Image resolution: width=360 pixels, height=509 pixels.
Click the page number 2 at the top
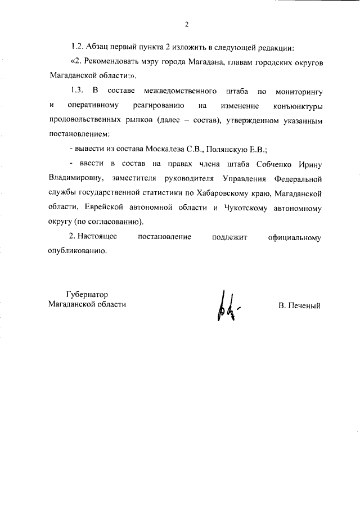click(186, 24)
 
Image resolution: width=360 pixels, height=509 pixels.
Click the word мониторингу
click(299, 91)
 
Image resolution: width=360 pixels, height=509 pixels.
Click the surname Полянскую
click(224, 149)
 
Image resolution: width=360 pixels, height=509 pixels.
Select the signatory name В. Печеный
click(299, 306)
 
